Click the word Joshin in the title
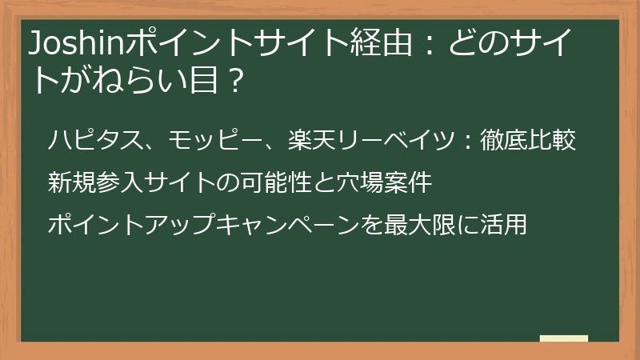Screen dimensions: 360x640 (x=66, y=45)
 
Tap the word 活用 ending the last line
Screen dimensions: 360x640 (x=505, y=224)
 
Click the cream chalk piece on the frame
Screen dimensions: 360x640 (x=564, y=338)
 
